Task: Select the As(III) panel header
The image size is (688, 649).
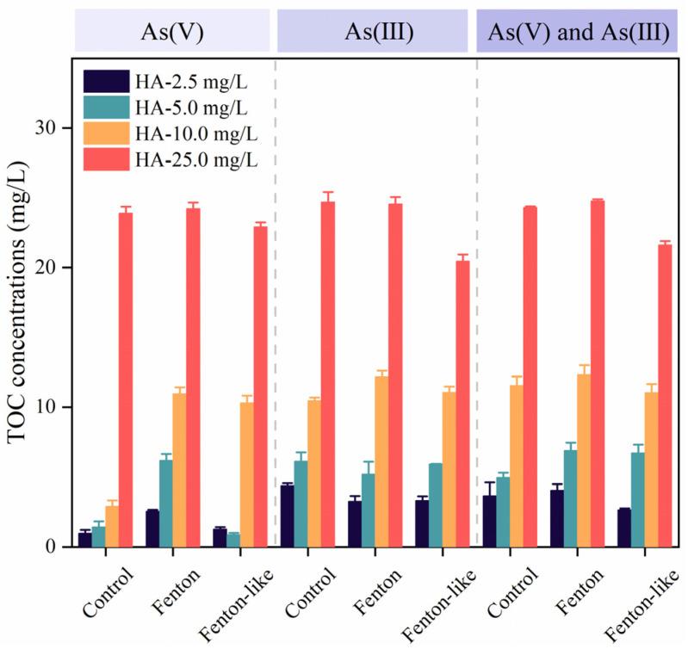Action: [372, 32]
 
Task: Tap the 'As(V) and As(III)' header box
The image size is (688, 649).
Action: [577, 32]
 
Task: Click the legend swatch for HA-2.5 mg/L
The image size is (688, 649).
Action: [107, 83]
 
